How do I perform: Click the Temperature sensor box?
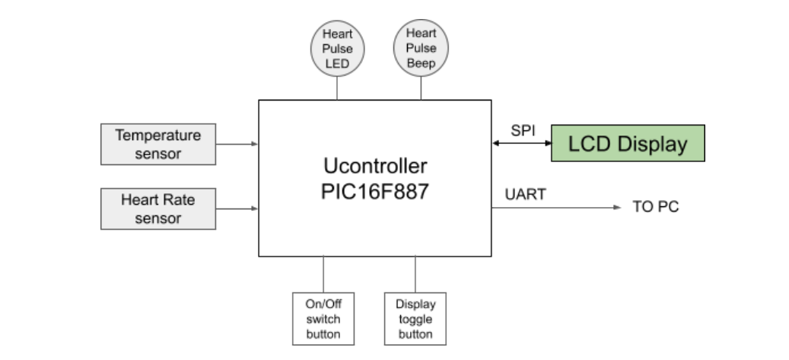158,144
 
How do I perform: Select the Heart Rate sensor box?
158,209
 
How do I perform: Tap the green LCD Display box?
628,143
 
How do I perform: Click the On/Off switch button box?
323,318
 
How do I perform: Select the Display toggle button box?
415,318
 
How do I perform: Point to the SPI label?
523,130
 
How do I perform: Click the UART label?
526,195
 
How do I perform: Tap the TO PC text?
655,207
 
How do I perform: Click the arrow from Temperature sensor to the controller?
237,143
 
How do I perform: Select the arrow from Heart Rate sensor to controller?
237,208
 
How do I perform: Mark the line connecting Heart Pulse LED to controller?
337,88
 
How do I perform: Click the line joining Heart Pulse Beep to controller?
421,88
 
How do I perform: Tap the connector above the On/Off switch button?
323,274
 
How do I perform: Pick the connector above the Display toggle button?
415,274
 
